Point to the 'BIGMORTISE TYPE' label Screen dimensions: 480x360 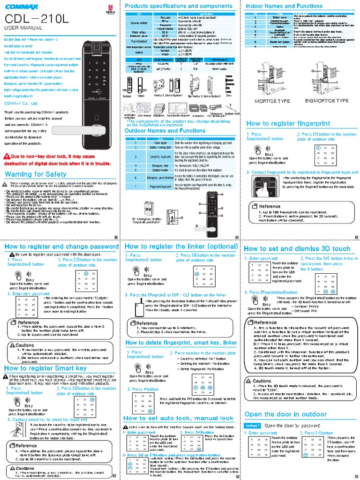tap(326, 101)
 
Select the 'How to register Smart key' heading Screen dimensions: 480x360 tap(45, 368)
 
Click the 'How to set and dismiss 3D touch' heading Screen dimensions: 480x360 tap(297, 249)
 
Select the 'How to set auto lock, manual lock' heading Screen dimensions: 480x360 tap(178, 418)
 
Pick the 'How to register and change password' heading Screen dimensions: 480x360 tap(61, 246)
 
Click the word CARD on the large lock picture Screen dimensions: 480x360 tap(95, 92)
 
